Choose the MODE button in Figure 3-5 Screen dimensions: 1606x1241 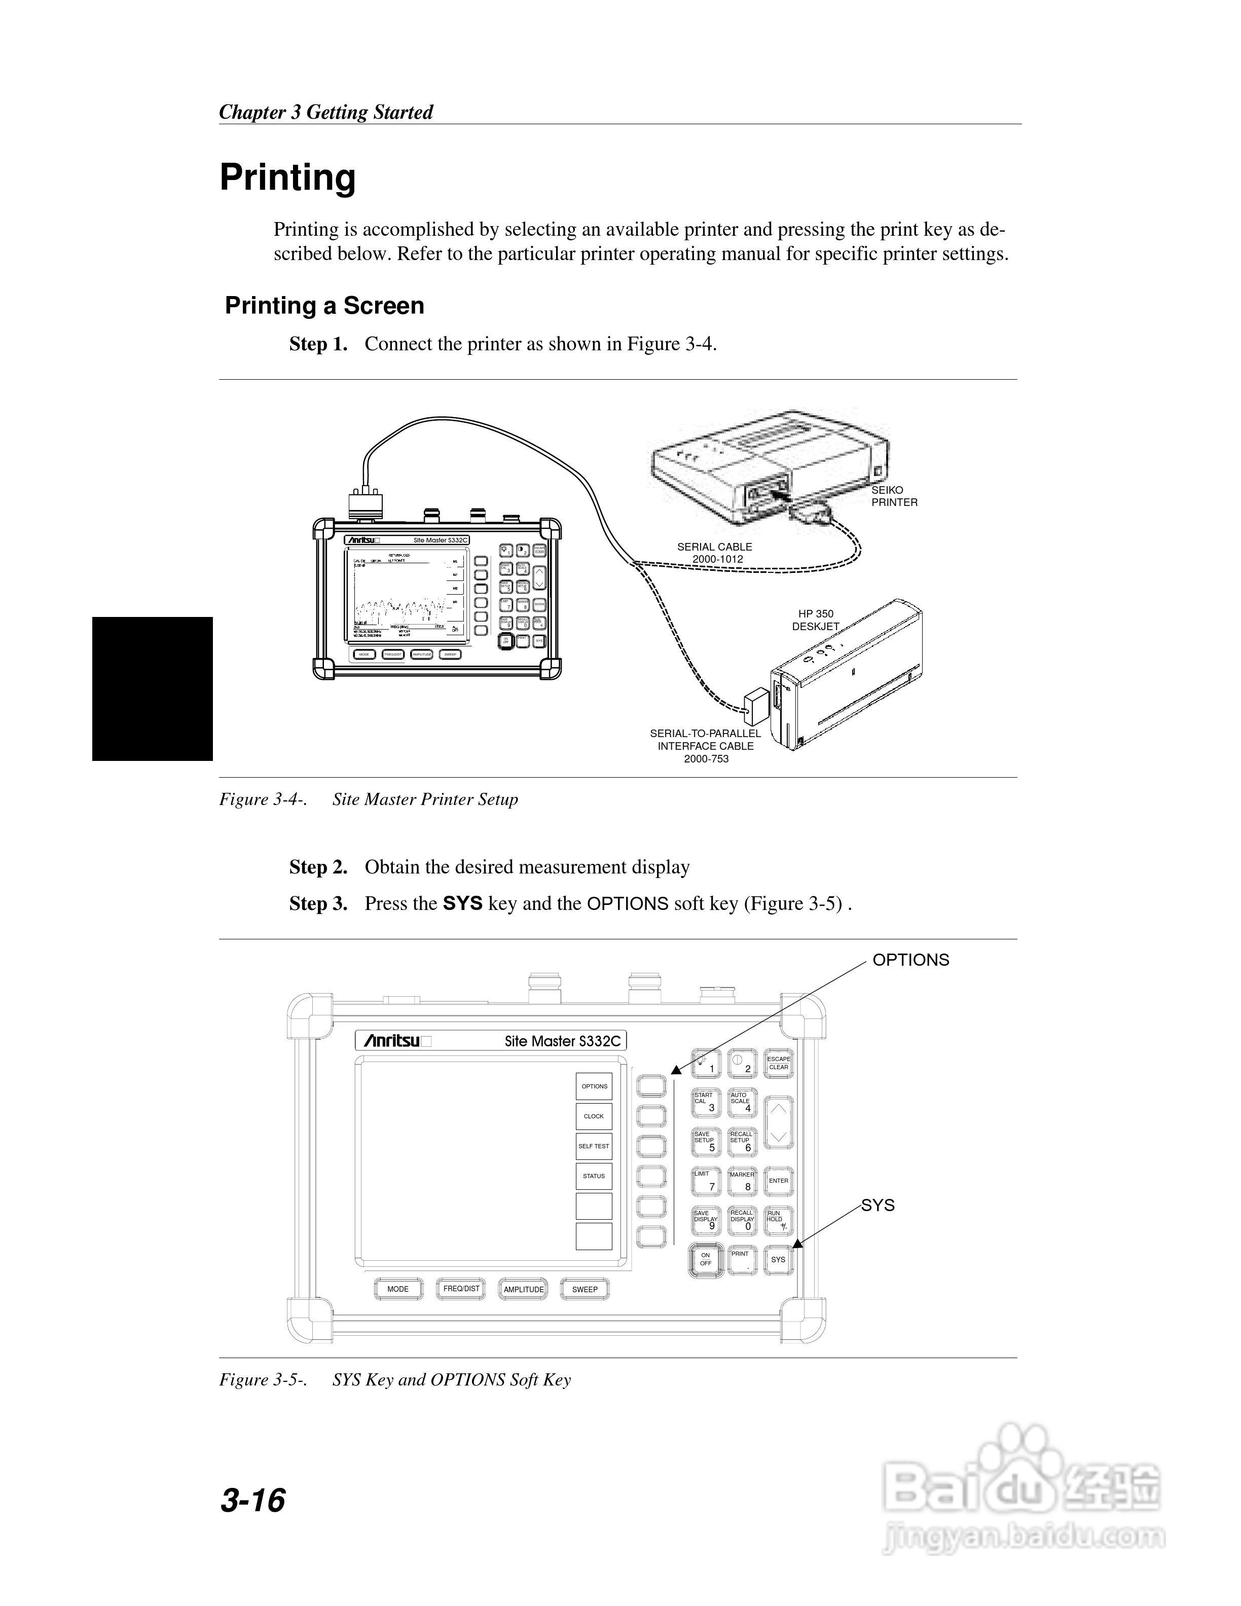[x=398, y=1289]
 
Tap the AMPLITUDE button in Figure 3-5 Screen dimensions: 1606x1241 [x=524, y=1289]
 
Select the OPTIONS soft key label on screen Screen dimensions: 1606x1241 [x=594, y=1086]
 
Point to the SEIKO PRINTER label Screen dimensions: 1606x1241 [x=894, y=496]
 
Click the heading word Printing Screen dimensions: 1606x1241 [x=287, y=177]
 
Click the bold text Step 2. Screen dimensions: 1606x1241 [x=318, y=867]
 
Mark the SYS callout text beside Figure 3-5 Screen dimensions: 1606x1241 [x=878, y=1205]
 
